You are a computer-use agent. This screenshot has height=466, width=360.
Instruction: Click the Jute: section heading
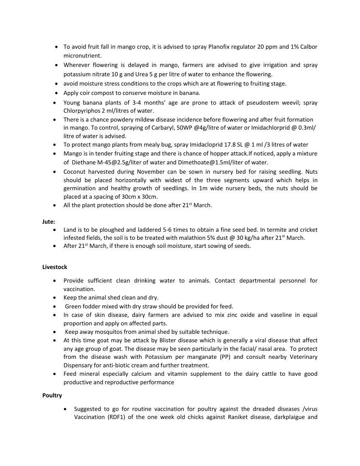[49, 221]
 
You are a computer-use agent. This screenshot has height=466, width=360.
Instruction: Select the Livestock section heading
[55, 267]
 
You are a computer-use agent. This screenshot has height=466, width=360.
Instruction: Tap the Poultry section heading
[52, 395]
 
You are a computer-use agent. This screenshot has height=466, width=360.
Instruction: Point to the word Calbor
[309, 47]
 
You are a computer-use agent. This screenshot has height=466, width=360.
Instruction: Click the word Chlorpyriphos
[82, 111]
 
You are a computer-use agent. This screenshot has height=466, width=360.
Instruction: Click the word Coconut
[75, 172]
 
